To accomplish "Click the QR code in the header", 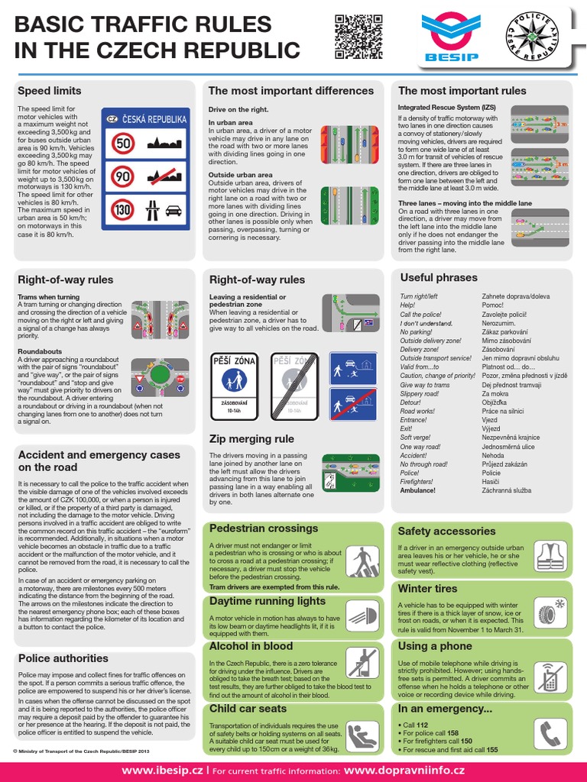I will point(352,37).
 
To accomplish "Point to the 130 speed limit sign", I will point(123,208).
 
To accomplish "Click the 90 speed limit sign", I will point(123,176).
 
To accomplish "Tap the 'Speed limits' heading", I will point(50,91).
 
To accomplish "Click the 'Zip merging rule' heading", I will point(251,439).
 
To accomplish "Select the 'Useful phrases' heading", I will point(438,277).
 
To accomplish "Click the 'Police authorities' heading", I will point(63,658).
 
